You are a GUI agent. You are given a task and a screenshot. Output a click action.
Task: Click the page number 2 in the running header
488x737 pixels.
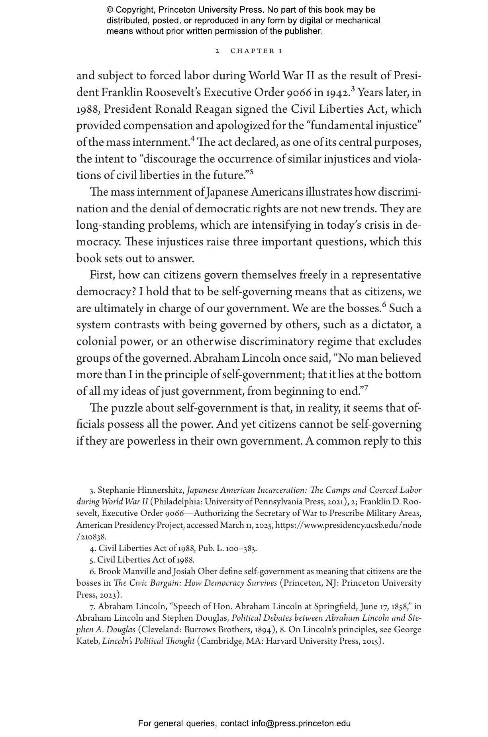[x=217, y=51]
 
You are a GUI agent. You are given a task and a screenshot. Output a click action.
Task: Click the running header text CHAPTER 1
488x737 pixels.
[x=257, y=51]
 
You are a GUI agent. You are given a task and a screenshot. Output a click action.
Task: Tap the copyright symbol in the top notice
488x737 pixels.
[x=110, y=10]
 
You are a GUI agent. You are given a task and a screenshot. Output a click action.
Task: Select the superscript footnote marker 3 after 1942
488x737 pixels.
[x=353, y=89]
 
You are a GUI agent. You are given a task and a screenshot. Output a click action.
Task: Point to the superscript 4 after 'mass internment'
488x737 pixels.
[x=193, y=139]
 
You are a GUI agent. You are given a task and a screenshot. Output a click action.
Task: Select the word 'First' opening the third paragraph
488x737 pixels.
[x=102, y=275]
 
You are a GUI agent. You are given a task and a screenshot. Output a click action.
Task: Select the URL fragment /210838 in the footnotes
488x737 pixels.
[x=91, y=537]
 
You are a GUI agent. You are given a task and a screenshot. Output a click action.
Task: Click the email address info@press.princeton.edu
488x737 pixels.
[x=301, y=723]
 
